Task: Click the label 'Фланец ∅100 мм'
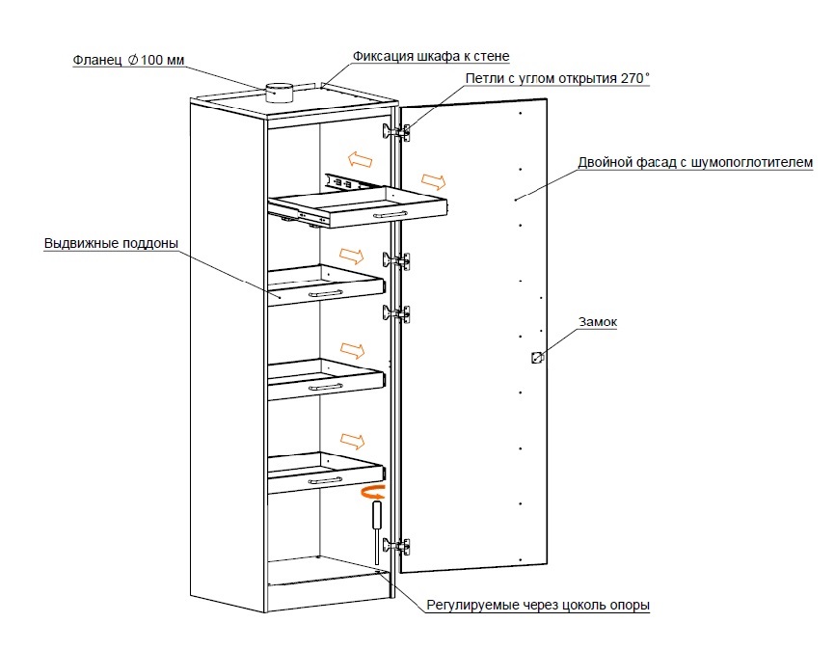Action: point(128,60)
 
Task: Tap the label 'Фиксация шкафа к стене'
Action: point(431,56)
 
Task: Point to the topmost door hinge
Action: point(398,130)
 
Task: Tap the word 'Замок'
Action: point(597,323)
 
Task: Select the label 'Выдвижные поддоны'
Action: point(111,243)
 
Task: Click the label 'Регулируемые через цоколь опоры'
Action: point(539,606)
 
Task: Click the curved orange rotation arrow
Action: point(371,494)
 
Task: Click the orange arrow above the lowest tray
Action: point(352,441)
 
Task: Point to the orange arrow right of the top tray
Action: point(433,180)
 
